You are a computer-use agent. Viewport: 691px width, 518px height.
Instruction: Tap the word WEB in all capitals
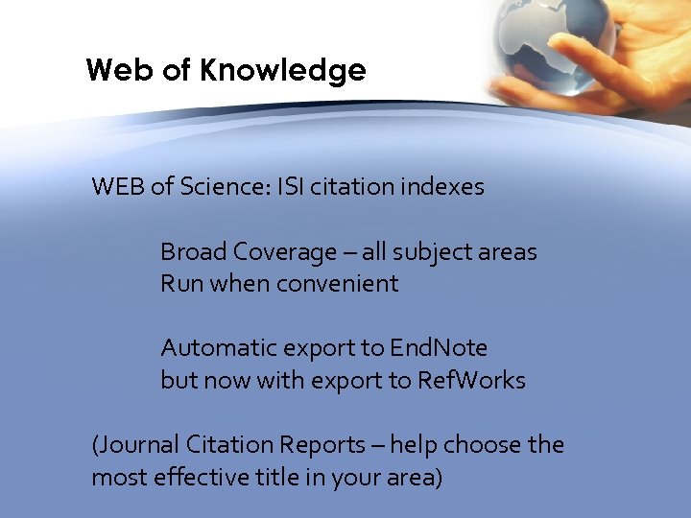click(x=118, y=186)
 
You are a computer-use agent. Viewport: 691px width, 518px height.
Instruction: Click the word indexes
click(x=443, y=186)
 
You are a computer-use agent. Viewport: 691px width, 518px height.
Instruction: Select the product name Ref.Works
click(x=471, y=380)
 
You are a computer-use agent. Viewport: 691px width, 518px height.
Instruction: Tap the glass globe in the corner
click(x=539, y=43)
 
